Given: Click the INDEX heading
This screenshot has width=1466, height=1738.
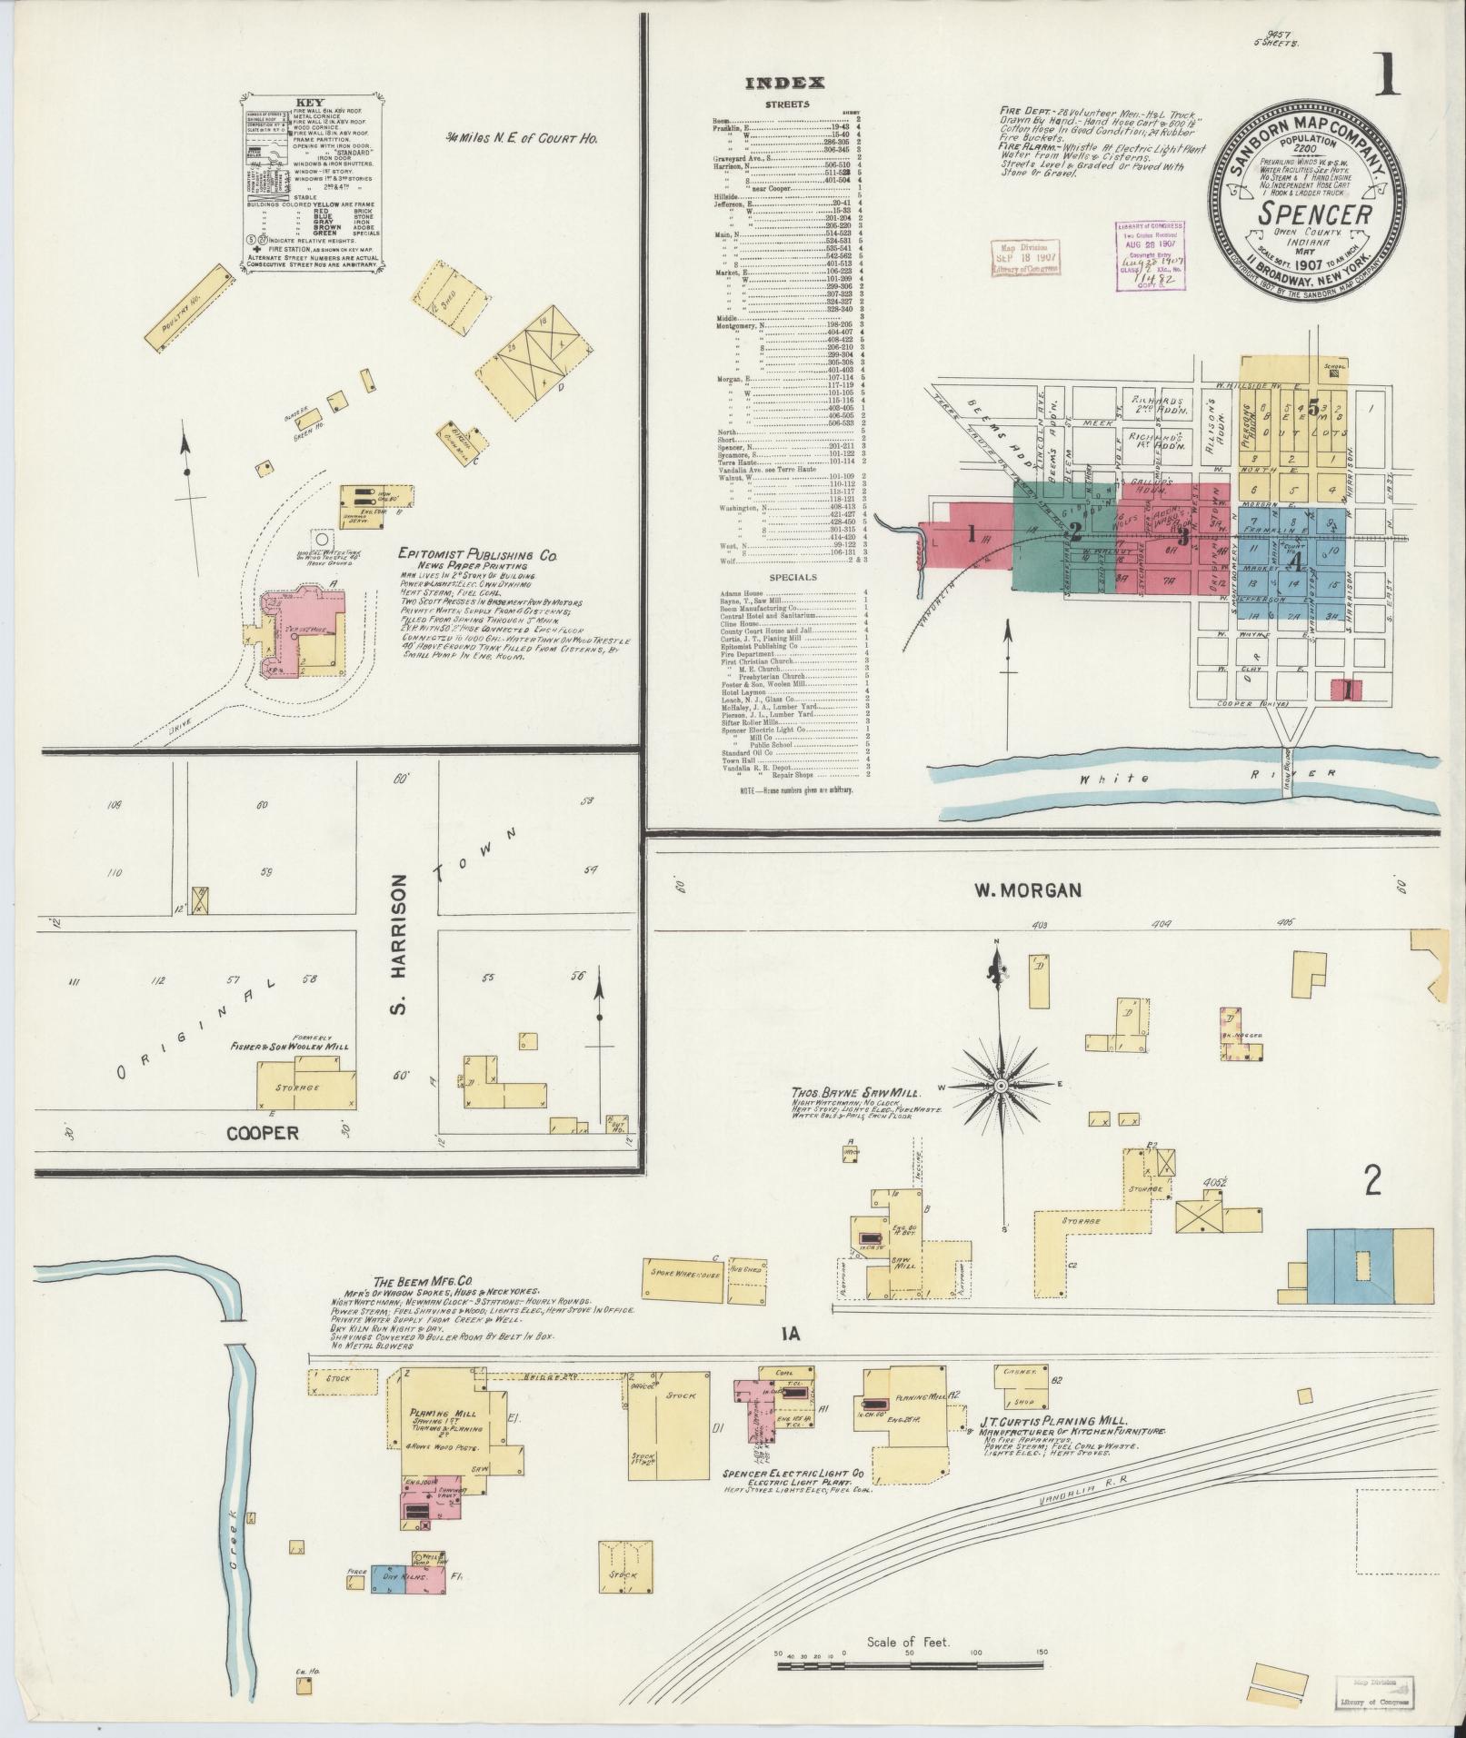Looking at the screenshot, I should [784, 83].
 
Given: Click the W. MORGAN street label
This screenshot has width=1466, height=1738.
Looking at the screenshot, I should [1029, 890].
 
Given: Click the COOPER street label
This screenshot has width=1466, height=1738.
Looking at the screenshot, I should [262, 1133].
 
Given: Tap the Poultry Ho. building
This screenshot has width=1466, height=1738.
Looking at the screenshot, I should [185, 305].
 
